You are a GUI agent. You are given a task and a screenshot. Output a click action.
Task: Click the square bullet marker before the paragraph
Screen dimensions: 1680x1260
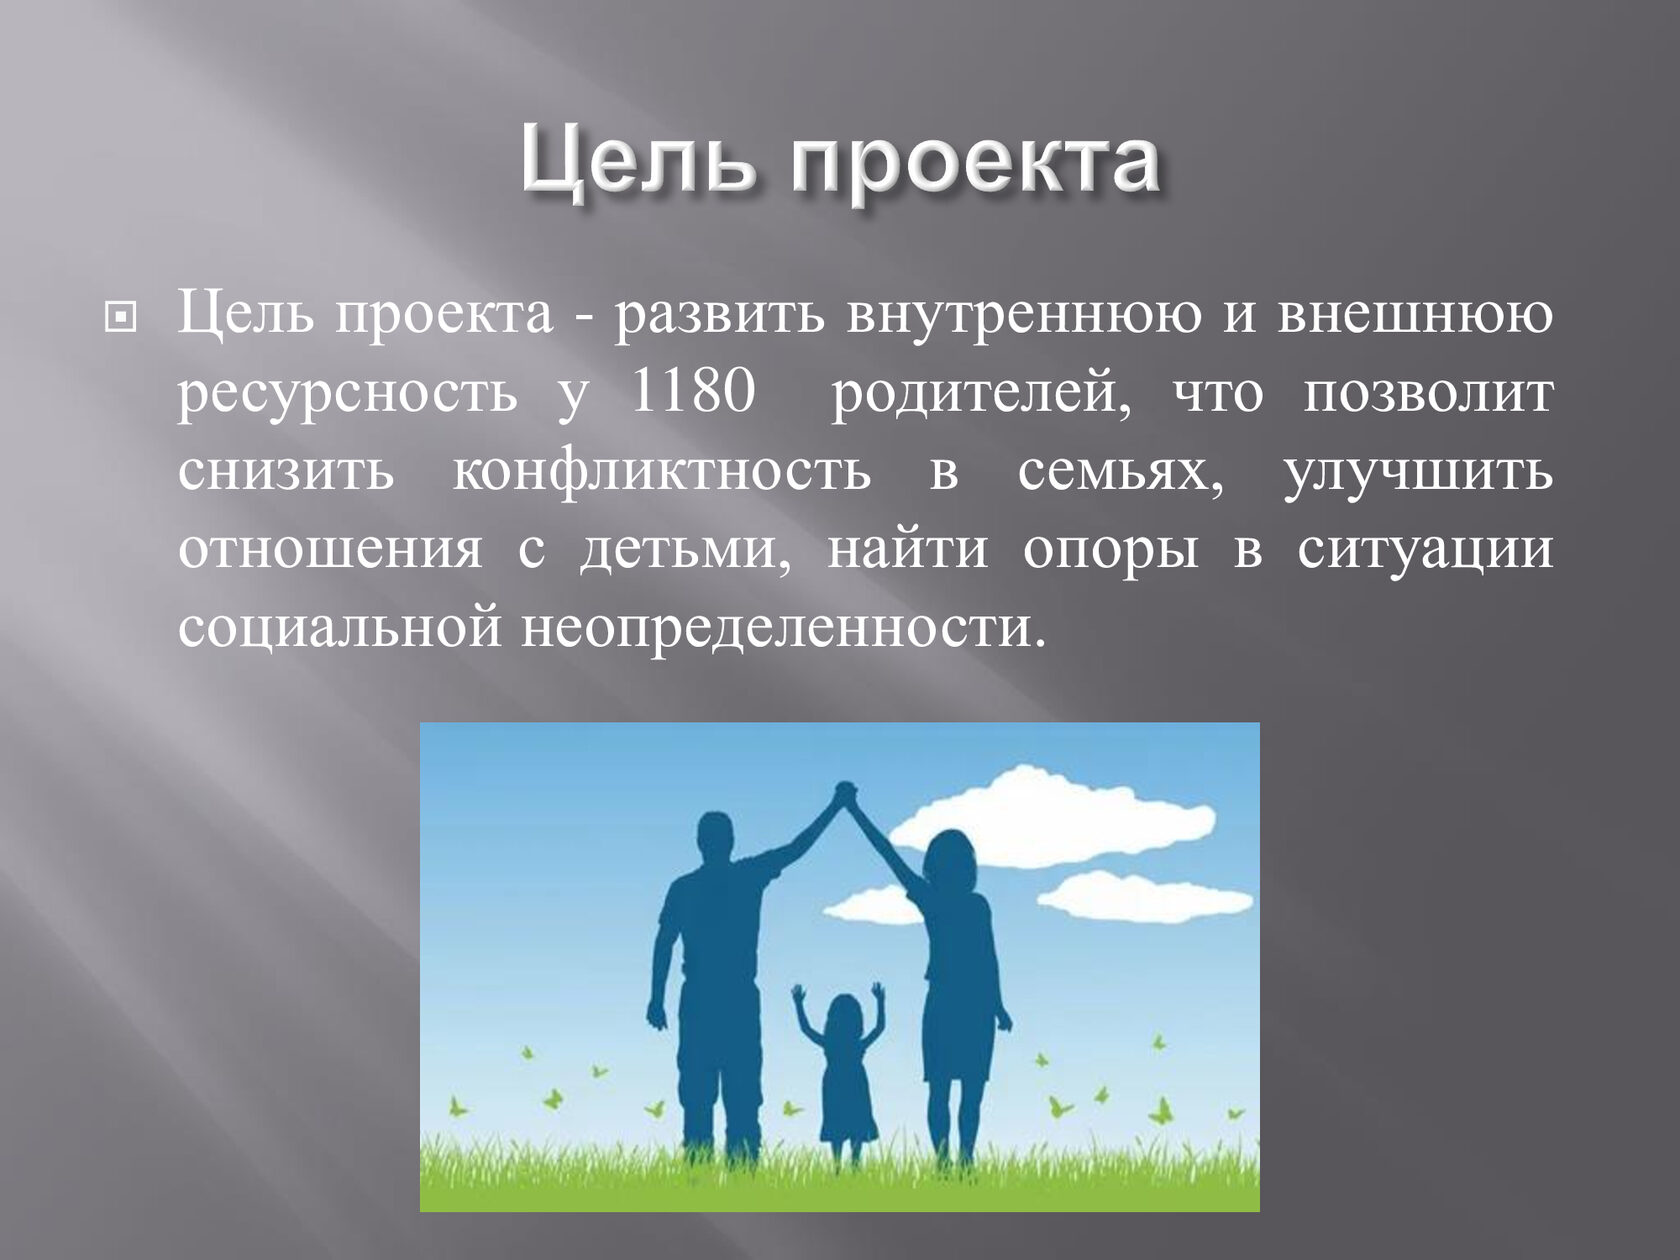click(120, 317)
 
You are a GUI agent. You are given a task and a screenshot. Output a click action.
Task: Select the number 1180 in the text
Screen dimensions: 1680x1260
click(693, 393)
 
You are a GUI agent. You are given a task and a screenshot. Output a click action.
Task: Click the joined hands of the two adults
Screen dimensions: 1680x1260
click(845, 793)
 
